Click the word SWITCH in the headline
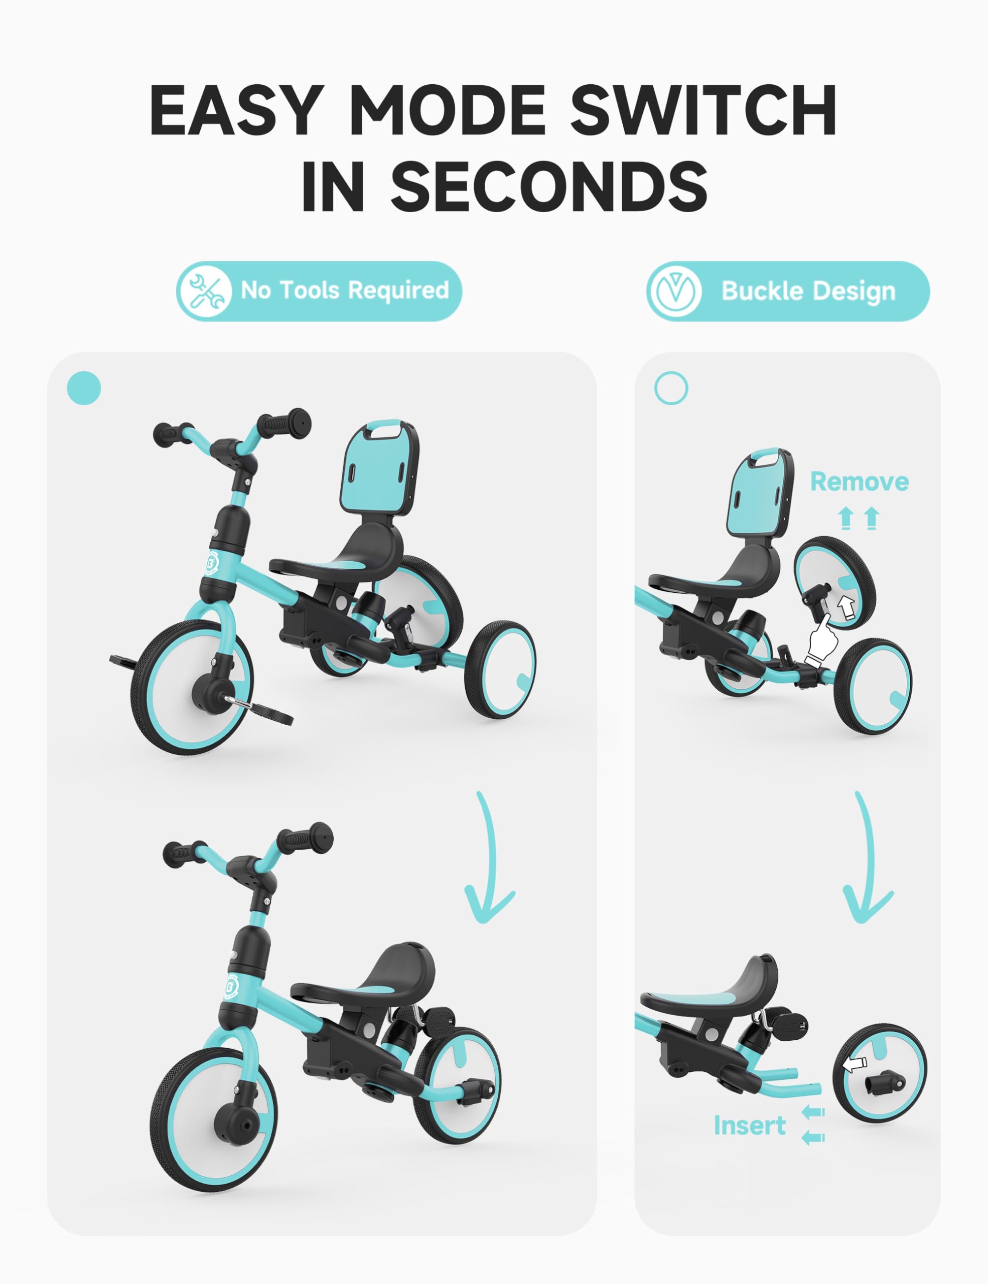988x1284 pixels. click(704, 110)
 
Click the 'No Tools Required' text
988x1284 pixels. click(345, 290)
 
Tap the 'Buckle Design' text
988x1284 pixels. click(809, 291)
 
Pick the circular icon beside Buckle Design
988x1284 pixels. click(674, 291)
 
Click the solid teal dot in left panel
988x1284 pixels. click(84, 388)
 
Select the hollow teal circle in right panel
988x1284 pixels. click(671, 388)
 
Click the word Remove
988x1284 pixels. click(859, 481)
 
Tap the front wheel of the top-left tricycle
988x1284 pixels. click(192, 688)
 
